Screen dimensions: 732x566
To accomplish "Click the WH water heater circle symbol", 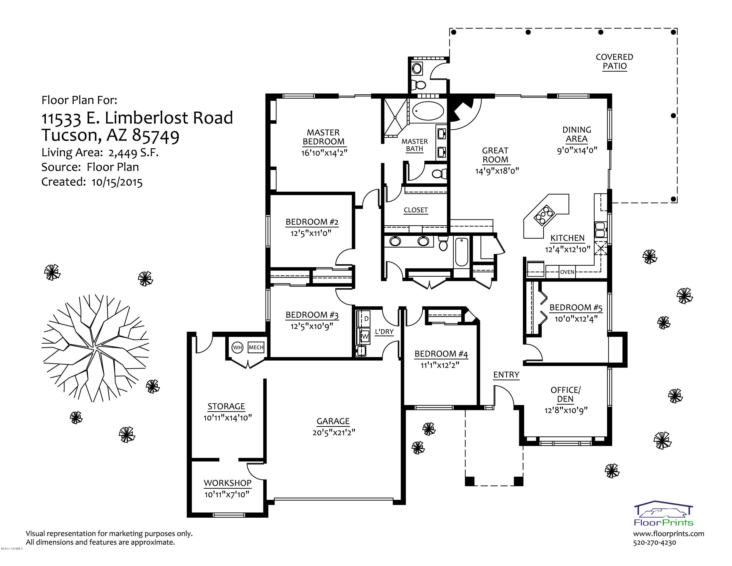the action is [x=237, y=347].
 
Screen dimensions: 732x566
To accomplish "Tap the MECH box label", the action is [x=256, y=347].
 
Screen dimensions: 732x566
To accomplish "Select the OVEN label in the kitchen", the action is [x=567, y=272].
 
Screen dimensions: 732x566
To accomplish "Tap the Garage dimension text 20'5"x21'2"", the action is [x=334, y=432].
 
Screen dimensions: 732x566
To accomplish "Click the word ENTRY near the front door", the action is [x=506, y=375].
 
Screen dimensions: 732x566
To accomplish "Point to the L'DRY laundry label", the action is [x=384, y=332].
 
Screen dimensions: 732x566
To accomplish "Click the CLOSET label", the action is [x=416, y=210].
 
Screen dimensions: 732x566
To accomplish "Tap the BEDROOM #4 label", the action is [x=441, y=354].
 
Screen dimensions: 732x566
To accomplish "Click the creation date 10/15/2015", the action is [x=117, y=182].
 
